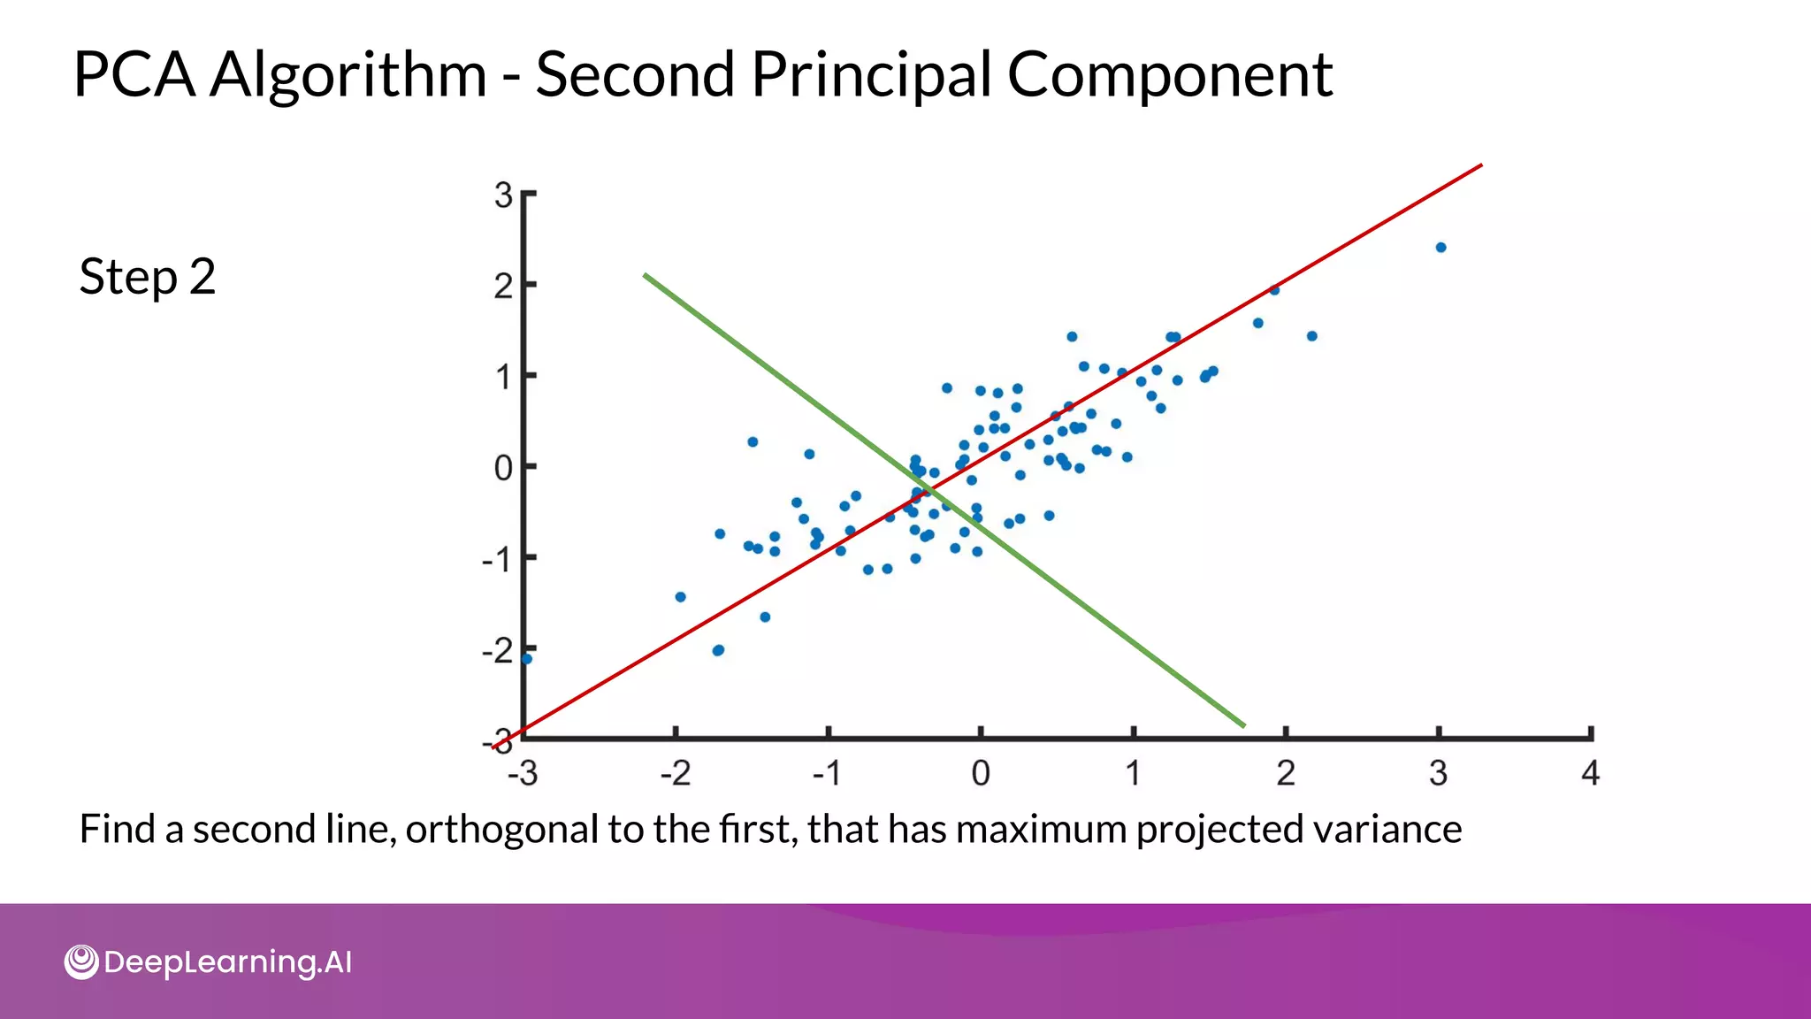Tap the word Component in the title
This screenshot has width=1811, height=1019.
point(1169,74)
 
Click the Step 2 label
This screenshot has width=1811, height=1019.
point(148,277)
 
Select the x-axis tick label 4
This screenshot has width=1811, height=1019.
point(1590,774)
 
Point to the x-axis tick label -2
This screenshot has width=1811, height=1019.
point(676,774)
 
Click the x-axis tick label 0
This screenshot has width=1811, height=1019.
point(981,774)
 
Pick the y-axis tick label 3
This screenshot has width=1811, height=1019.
point(503,195)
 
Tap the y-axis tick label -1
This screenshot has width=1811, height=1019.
point(497,560)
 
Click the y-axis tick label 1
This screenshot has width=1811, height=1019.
point(503,378)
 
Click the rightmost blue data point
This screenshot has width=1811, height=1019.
point(1440,248)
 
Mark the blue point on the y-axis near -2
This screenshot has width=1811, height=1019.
point(527,659)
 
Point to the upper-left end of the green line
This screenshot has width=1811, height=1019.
point(646,275)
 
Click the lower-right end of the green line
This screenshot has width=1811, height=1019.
point(1243,726)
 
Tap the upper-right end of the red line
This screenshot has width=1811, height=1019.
point(1480,165)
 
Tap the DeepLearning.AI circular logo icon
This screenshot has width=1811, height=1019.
point(81,962)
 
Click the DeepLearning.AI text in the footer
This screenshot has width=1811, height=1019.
point(227,962)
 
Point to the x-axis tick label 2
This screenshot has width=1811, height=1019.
point(1286,774)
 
